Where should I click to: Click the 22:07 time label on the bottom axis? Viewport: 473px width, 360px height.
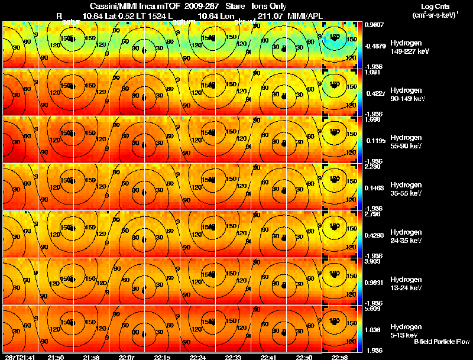tap(127, 357)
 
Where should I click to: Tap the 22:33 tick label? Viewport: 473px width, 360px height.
tap(232, 357)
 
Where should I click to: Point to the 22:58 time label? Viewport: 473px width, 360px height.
tap(339, 357)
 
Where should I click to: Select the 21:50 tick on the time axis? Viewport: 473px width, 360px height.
tap(56, 357)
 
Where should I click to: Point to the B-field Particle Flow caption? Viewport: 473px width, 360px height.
tap(442, 342)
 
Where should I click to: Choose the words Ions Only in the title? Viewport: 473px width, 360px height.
tap(269, 6)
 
